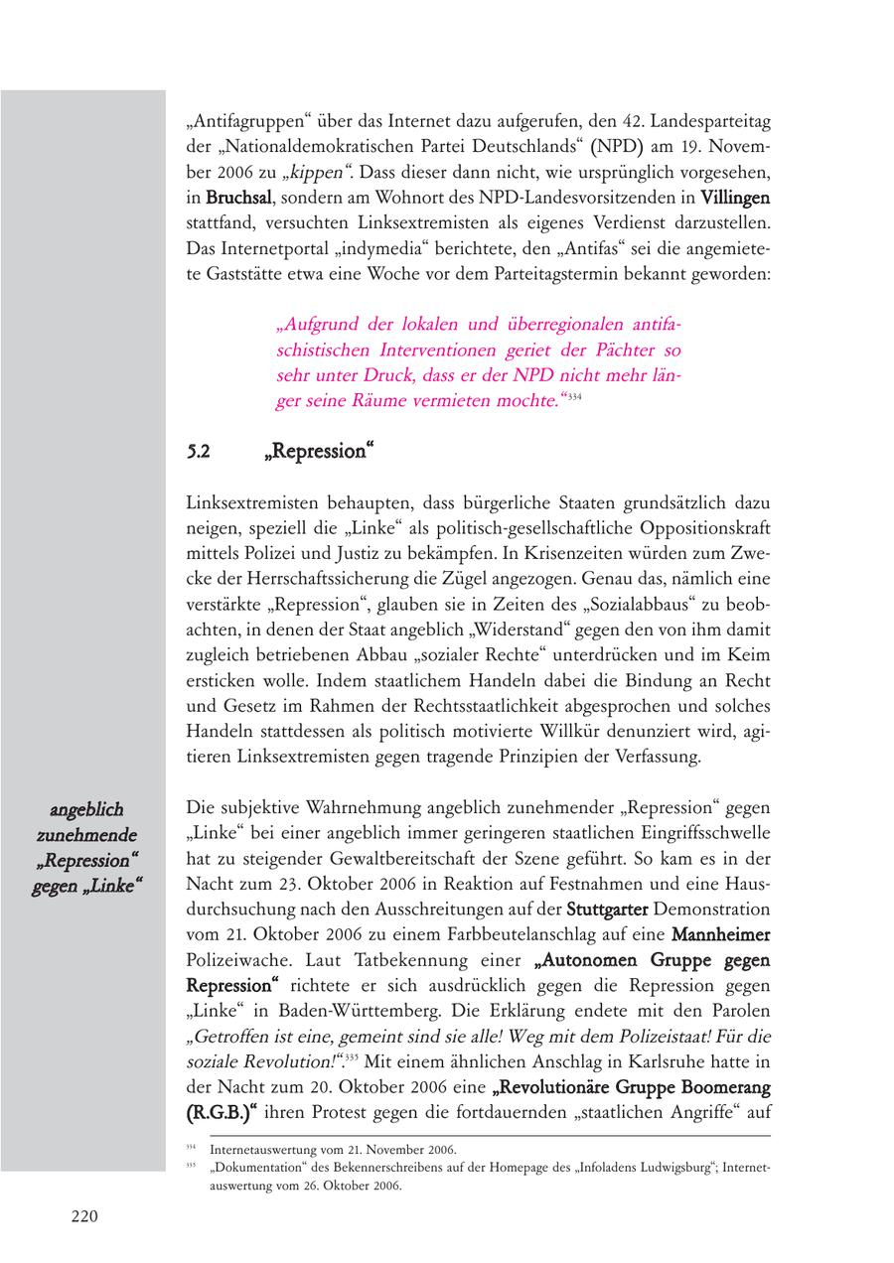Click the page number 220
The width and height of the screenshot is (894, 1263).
tap(83, 1216)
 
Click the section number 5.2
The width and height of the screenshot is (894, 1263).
tap(198, 452)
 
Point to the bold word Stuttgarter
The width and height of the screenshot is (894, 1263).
tap(607, 909)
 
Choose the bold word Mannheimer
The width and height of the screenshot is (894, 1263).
tap(721, 934)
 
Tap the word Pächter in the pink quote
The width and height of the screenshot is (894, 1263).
tap(599, 351)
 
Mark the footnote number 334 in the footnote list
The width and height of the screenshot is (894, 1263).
tap(192, 1148)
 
